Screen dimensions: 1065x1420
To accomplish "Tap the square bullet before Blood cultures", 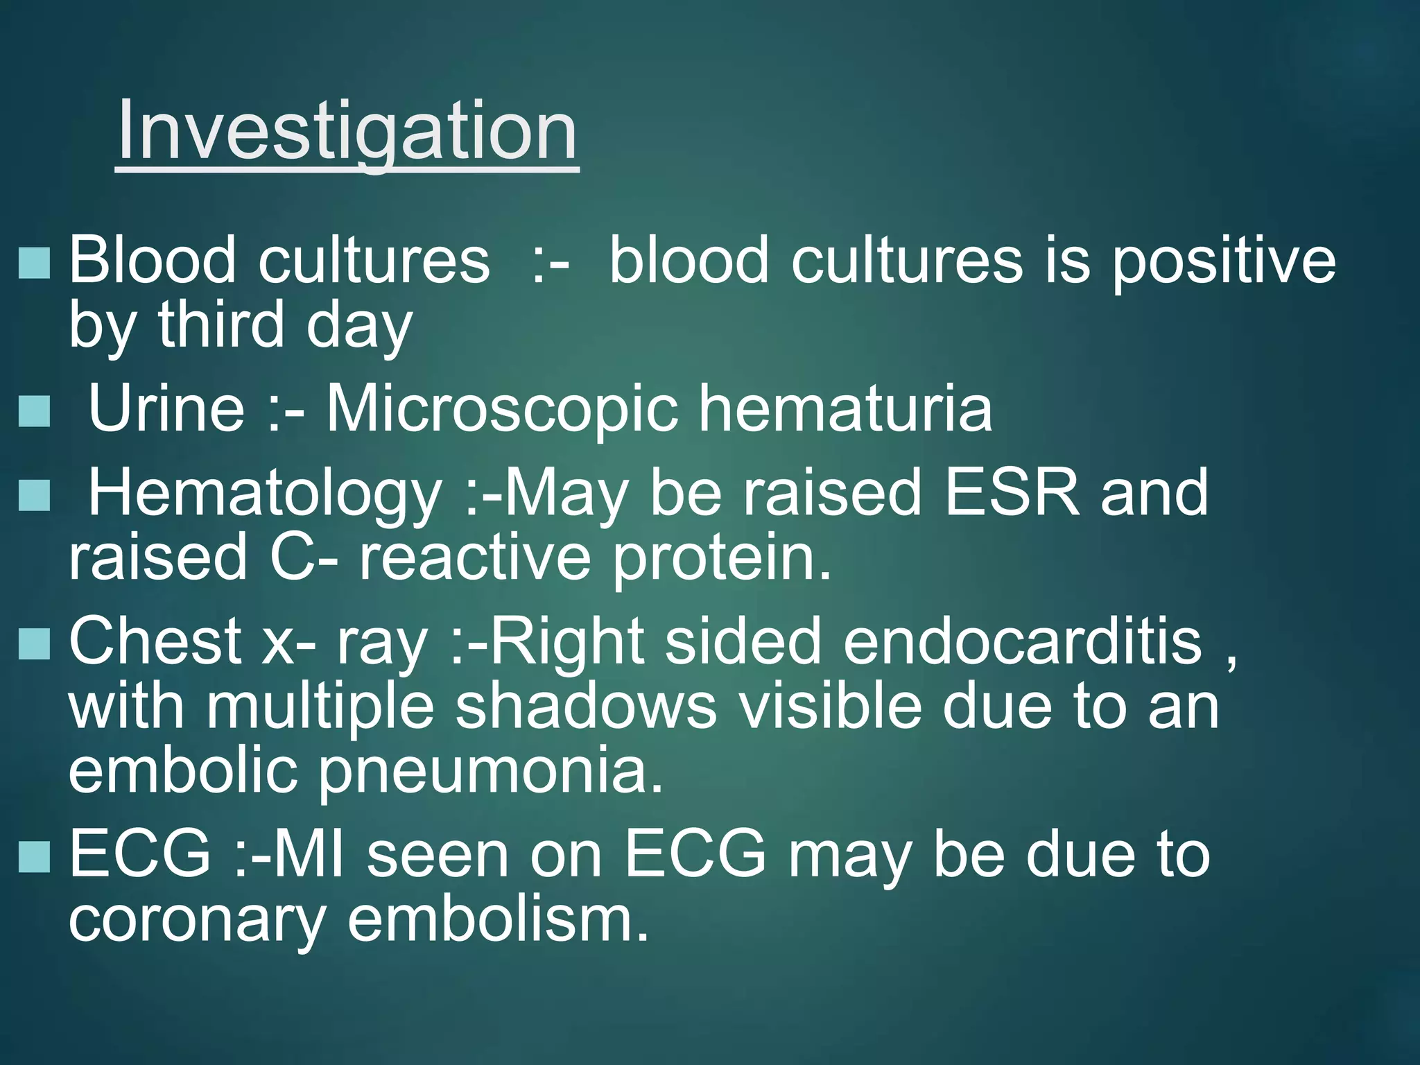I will [x=35, y=263].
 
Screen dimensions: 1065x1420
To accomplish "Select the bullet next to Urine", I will [x=35, y=411].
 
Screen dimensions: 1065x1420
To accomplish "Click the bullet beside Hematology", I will [x=35, y=496].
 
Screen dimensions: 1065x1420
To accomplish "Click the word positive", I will [x=1224, y=262].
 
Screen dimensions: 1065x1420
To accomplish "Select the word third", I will [x=221, y=324].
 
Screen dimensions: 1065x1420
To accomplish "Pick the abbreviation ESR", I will [x=1012, y=492].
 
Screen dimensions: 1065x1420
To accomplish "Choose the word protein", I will [x=721, y=557].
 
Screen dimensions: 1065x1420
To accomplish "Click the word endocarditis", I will [x=1023, y=642].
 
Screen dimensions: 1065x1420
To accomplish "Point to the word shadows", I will [x=586, y=707].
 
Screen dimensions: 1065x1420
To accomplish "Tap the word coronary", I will [x=197, y=919].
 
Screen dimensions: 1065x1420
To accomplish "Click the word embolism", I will [x=498, y=919].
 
